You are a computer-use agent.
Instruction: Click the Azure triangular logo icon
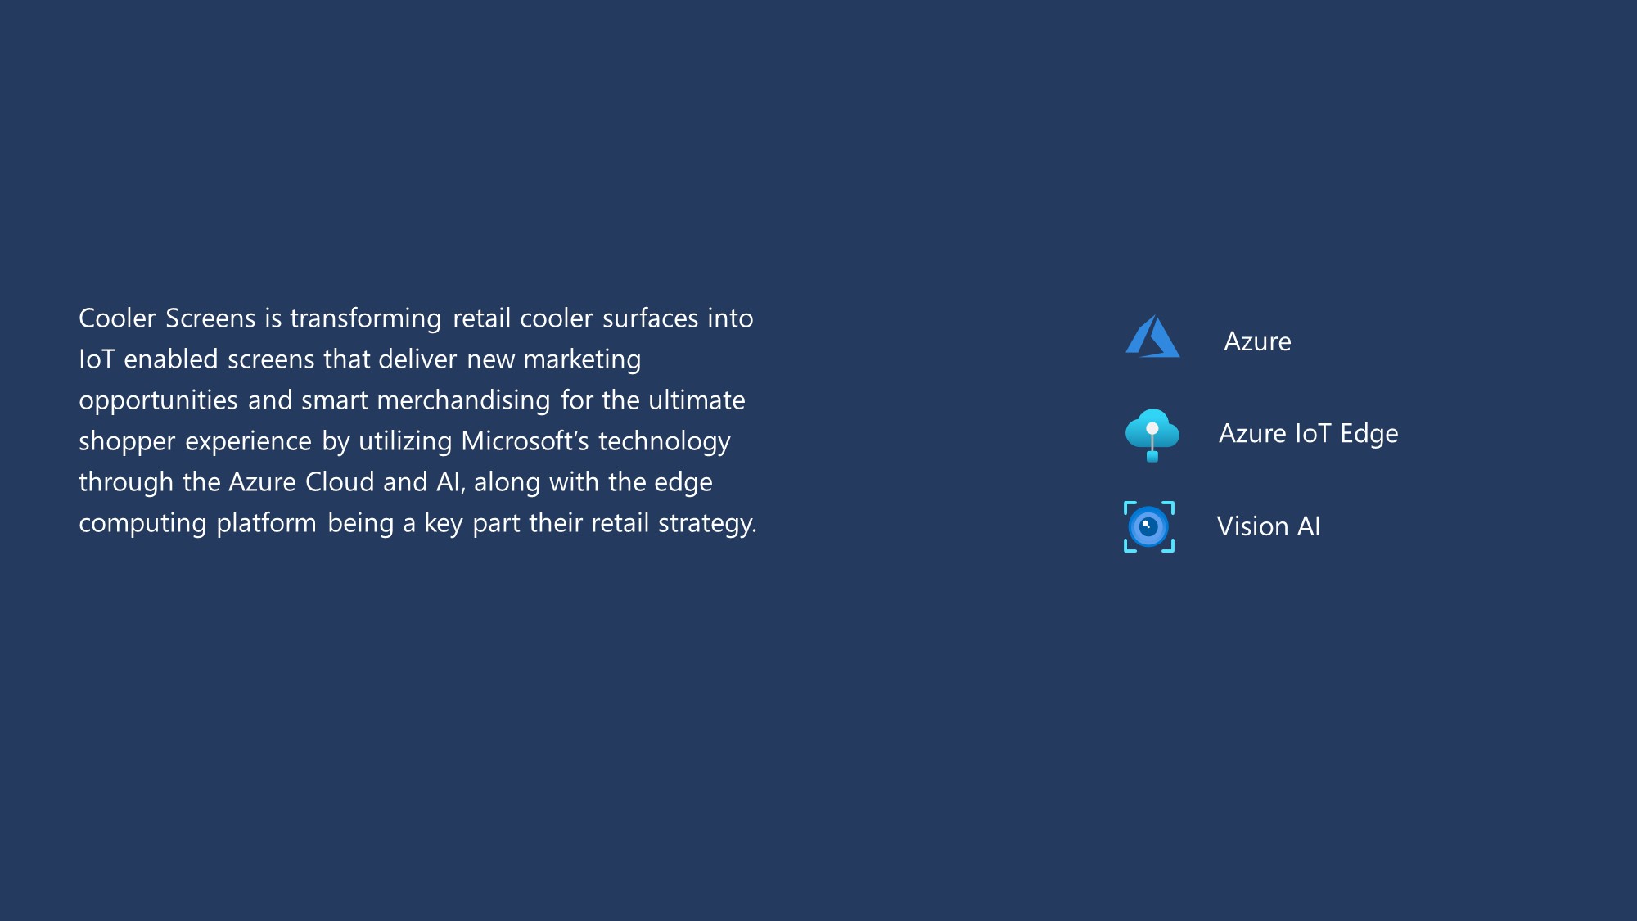point(1152,336)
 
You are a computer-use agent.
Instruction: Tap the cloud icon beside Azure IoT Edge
point(1152,435)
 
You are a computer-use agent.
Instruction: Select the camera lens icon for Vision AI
point(1149,526)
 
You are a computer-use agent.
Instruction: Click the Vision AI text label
point(1269,526)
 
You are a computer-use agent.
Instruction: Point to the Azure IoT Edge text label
point(1308,434)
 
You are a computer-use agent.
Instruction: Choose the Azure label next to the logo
point(1257,341)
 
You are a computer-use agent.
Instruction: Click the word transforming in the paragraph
point(366,319)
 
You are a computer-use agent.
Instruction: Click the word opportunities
point(158,401)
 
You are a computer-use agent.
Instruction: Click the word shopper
point(127,442)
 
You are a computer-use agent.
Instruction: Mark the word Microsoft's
point(525,440)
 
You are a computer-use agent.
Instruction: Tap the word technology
point(664,442)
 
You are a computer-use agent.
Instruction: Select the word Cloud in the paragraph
point(340,481)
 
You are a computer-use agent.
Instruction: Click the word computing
point(142,524)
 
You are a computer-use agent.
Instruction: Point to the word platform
point(266,524)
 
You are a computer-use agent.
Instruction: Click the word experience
point(248,442)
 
